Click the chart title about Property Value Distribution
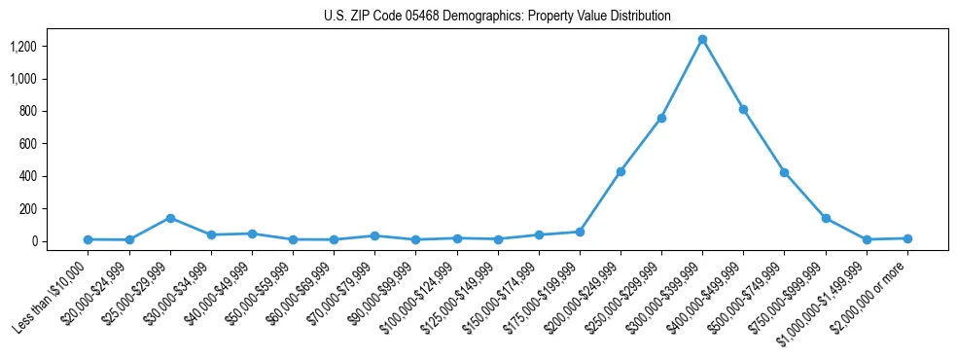[497, 17]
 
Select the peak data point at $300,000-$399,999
[702, 40]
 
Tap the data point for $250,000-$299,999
[661, 118]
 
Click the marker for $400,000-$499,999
[743, 109]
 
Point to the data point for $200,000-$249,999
[620, 171]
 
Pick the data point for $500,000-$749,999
[784, 172]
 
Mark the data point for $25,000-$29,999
[170, 218]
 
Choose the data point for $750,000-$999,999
[826, 218]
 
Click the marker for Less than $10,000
[89, 239]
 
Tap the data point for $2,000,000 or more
[907, 238]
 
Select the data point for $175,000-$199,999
[580, 232]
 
